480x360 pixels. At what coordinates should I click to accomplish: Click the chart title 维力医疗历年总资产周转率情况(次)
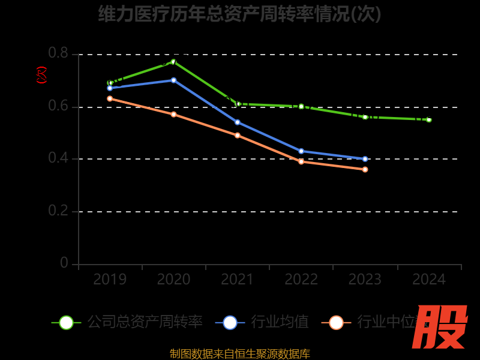pyautogui.click(x=240, y=13)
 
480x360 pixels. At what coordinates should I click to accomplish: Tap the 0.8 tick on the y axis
pyautogui.click(x=58, y=53)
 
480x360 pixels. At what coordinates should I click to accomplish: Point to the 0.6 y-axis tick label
pyautogui.click(x=58, y=106)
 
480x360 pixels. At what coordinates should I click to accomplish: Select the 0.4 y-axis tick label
pyautogui.click(x=58, y=158)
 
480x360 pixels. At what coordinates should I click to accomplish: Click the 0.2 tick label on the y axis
pyautogui.click(x=58, y=211)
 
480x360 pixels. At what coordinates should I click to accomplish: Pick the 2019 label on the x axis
pyautogui.click(x=110, y=279)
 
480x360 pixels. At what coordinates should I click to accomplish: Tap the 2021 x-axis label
pyautogui.click(x=238, y=279)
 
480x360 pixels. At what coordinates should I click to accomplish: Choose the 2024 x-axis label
pyautogui.click(x=429, y=279)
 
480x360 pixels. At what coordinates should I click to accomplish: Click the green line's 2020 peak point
pyautogui.click(x=173, y=61)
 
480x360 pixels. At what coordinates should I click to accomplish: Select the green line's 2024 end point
pyautogui.click(x=429, y=119)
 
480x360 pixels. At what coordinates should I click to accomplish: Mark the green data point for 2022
pyautogui.click(x=301, y=106)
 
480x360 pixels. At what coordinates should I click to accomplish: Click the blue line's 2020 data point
pyautogui.click(x=173, y=80)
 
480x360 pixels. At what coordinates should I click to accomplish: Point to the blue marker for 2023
pyautogui.click(x=365, y=159)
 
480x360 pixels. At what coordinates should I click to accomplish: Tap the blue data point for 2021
pyautogui.click(x=238, y=122)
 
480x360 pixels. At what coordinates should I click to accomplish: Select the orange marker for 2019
pyautogui.click(x=110, y=98)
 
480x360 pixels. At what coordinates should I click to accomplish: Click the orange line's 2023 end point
pyautogui.click(x=365, y=169)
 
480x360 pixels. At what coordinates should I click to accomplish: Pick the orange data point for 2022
pyautogui.click(x=301, y=161)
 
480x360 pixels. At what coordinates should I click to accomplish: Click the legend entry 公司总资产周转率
pyautogui.click(x=145, y=322)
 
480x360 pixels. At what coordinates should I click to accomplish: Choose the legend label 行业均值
pyautogui.click(x=280, y=322)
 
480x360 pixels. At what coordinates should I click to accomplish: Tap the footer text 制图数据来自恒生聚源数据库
pyautogui.click(x=240, y=354)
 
